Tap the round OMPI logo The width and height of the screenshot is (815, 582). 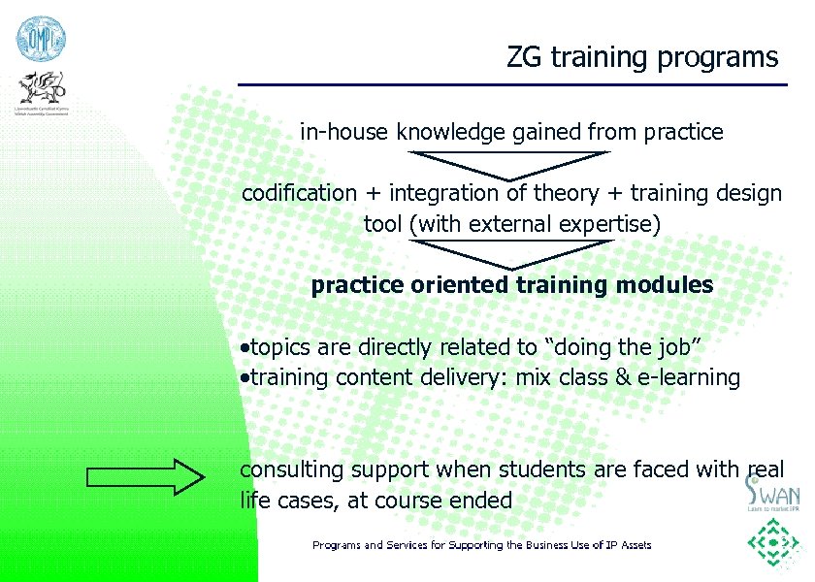tap(39, 39)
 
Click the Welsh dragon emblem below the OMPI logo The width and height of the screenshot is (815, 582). tap(41, 89)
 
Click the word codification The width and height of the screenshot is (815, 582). tap(299, 193)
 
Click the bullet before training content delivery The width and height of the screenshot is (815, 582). tap(245, 377)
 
